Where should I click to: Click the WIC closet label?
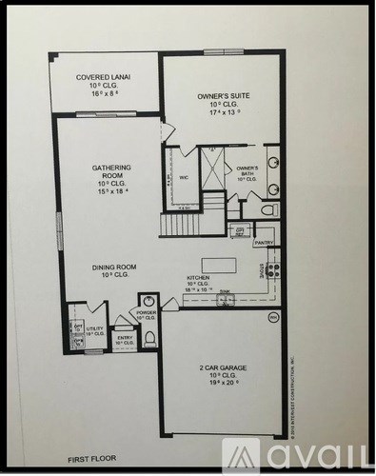[181, 176]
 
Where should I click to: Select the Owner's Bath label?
[247, 173]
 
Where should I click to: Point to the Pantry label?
[264, 243]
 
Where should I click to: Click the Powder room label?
[146, 315]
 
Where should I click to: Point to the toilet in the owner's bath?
[268, 208]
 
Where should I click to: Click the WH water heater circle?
[273, 317]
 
